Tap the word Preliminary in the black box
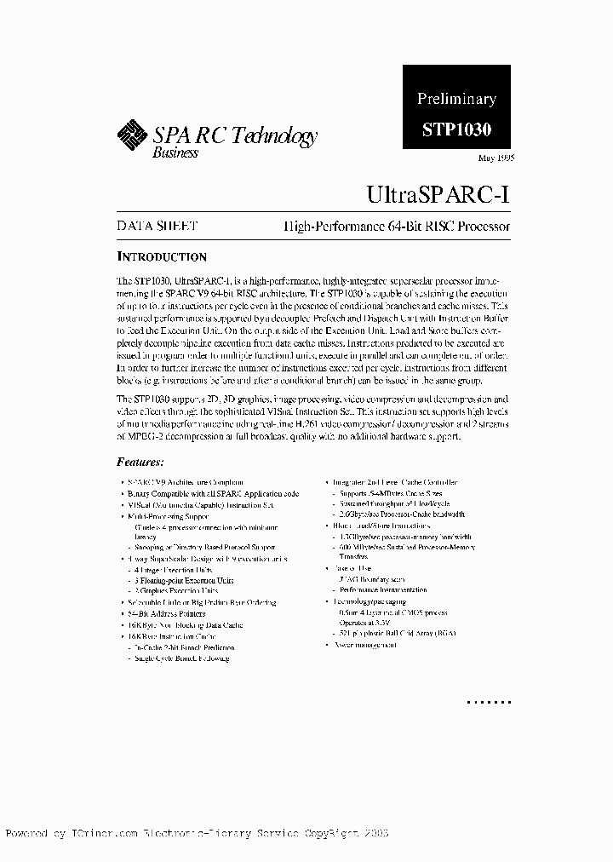[x=456, y=99]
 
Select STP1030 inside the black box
[x=456, y=130]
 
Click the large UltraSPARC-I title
[x=438, y=193]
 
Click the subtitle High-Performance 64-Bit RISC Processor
[x=397, y=227]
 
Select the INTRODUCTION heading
[x=161, y=256]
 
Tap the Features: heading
[x=140, y=462]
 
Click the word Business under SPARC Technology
[x=175, y=152]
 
